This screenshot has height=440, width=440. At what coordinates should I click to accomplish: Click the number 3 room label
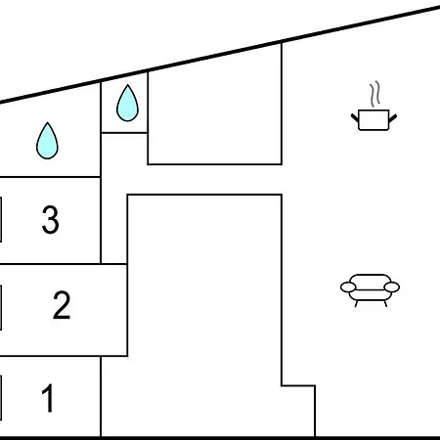[51, 220]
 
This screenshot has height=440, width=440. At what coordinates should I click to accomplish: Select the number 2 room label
[62, 305]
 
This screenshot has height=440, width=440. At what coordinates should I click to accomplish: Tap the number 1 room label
[48, 398]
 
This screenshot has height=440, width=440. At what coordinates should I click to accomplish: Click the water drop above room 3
[47, 141]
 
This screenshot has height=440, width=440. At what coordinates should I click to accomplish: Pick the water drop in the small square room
[127, 103]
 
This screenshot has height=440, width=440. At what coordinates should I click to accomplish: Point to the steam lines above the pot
[374, 94]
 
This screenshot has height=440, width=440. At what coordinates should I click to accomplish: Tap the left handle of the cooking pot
[355, 118]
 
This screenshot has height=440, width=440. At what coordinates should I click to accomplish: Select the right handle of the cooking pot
[393, 118]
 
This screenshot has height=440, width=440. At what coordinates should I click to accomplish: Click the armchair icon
[370, 290]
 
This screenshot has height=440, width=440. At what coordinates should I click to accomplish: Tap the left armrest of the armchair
[348, 287]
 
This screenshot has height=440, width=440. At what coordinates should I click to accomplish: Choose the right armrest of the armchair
[392, 287]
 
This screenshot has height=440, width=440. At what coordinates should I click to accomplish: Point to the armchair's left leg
[356, 304]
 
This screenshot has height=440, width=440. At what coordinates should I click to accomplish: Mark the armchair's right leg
[385, 304]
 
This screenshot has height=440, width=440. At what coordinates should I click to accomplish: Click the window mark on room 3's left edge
[1, 219]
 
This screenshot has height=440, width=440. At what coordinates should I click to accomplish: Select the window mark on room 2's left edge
[1, 308]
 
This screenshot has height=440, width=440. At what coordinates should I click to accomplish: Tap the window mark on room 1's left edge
[1, 398]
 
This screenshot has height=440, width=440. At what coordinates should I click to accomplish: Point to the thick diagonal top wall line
[220, 55]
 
